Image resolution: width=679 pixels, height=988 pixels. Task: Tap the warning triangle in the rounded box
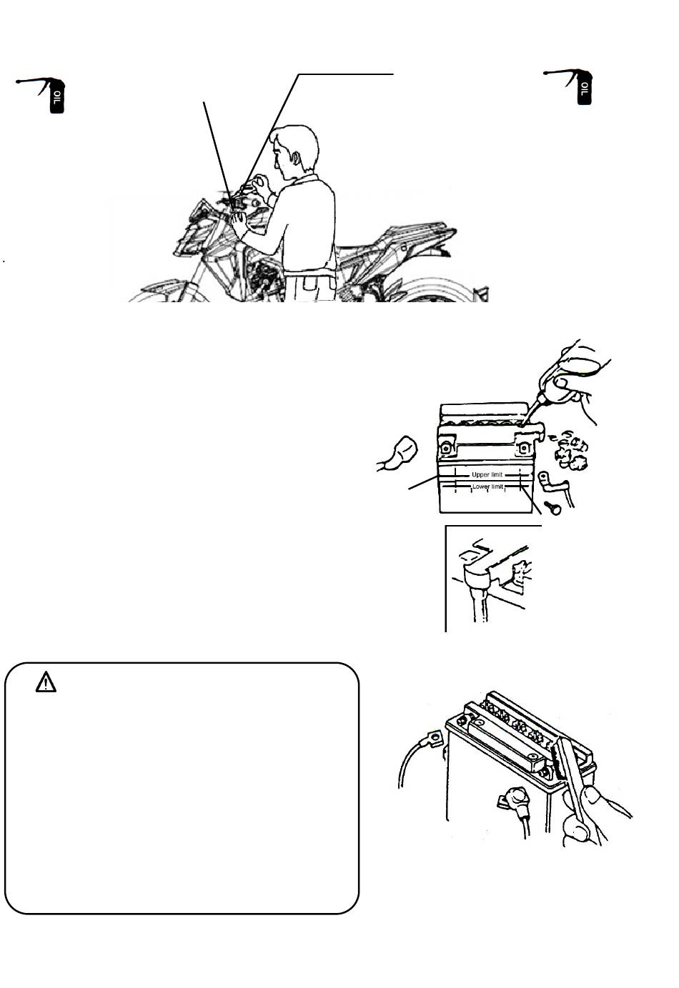pyautogui.click(x=46, y=682)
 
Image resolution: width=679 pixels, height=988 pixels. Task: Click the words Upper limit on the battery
pyautogui.click(x=487, y=474)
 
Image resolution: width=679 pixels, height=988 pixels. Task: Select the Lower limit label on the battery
pyautogui.click(x=488, y=486)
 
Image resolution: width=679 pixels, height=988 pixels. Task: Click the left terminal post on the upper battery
pyautogui.click(x=445, y=447)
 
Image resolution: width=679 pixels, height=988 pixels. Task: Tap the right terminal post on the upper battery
pyautogui.click(x=523, y=447)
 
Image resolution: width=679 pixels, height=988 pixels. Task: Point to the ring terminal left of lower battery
pyautogui.click(x=433, y=736)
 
